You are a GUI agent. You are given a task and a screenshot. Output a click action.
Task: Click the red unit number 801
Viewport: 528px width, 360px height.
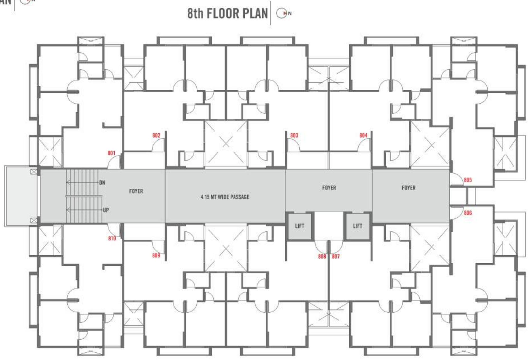pyautogui.click(x=111, y=153)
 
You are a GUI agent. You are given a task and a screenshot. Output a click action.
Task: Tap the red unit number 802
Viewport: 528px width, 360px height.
pyautogui.click(x=156, y=135)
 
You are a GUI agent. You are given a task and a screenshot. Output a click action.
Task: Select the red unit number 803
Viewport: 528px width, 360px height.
pyautogui.click(x=294, y=135)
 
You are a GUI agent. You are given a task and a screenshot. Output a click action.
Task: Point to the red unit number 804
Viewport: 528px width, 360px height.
pyautogui.click(x=363, y=135)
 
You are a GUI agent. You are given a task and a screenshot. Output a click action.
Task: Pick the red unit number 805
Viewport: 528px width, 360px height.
pyautogui.click(x=468, y=180)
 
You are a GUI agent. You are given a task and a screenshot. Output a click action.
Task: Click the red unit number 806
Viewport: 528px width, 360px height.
pyautogui.click(x=468, y=213)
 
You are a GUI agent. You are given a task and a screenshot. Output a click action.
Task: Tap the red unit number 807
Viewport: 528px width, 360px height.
pyautogui.click(x=336, y=256)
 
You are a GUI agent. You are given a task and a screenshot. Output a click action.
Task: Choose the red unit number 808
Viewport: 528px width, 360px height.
pyautogui.click(x=322, y=256)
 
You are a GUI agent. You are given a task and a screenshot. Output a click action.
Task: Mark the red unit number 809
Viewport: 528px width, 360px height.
pyautogui.click(x=156, y=255)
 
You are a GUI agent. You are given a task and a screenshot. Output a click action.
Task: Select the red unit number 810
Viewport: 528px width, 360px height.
pyautogui.click(x=112, y=238)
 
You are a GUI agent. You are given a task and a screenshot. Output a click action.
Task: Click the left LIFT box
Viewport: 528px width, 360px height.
pyautogui.click(x=300, y=226)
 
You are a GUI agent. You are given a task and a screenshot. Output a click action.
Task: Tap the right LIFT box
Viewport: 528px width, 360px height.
pyautogui.click(x=358, y=226)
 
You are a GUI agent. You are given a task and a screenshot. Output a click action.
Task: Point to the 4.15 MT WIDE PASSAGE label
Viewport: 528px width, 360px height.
pyautogui.click(x=225, y=197)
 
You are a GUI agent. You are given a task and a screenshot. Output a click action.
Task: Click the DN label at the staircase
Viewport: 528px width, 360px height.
pyautogui.click(x=102, y=182)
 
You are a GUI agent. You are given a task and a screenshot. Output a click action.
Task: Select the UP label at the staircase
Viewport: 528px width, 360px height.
pyautogui.click(x=106, y=210)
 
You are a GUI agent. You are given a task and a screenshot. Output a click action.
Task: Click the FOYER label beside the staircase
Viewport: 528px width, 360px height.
pyautogui.click(x=136, y=191)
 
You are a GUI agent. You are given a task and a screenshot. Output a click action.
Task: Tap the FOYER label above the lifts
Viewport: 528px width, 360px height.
pyautogui.click(x=329, y=188)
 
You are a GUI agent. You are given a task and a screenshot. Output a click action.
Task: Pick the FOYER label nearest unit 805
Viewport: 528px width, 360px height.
pyautogui.click(x=408, y=188)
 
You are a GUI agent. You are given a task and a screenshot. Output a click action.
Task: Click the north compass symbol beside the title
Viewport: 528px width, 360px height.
pyautogui.click(x=282, y=13)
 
